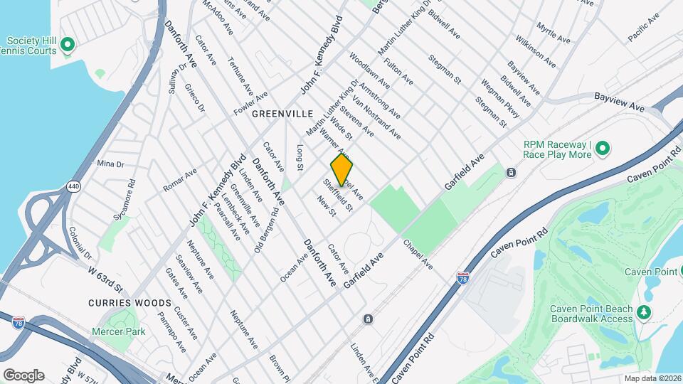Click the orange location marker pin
(x=342, y=170)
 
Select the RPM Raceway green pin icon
(x=602, y=148)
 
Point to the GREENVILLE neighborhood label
(x=282, y=114)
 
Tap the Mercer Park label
(x=118, y=331)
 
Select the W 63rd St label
(x=105, y=278)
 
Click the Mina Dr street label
(x=110, y=164)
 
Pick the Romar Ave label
(x=179, y=181)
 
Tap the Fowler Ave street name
(x=252, y=105)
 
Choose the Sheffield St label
(x=338, y=194)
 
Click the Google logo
(x=23, y=375)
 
